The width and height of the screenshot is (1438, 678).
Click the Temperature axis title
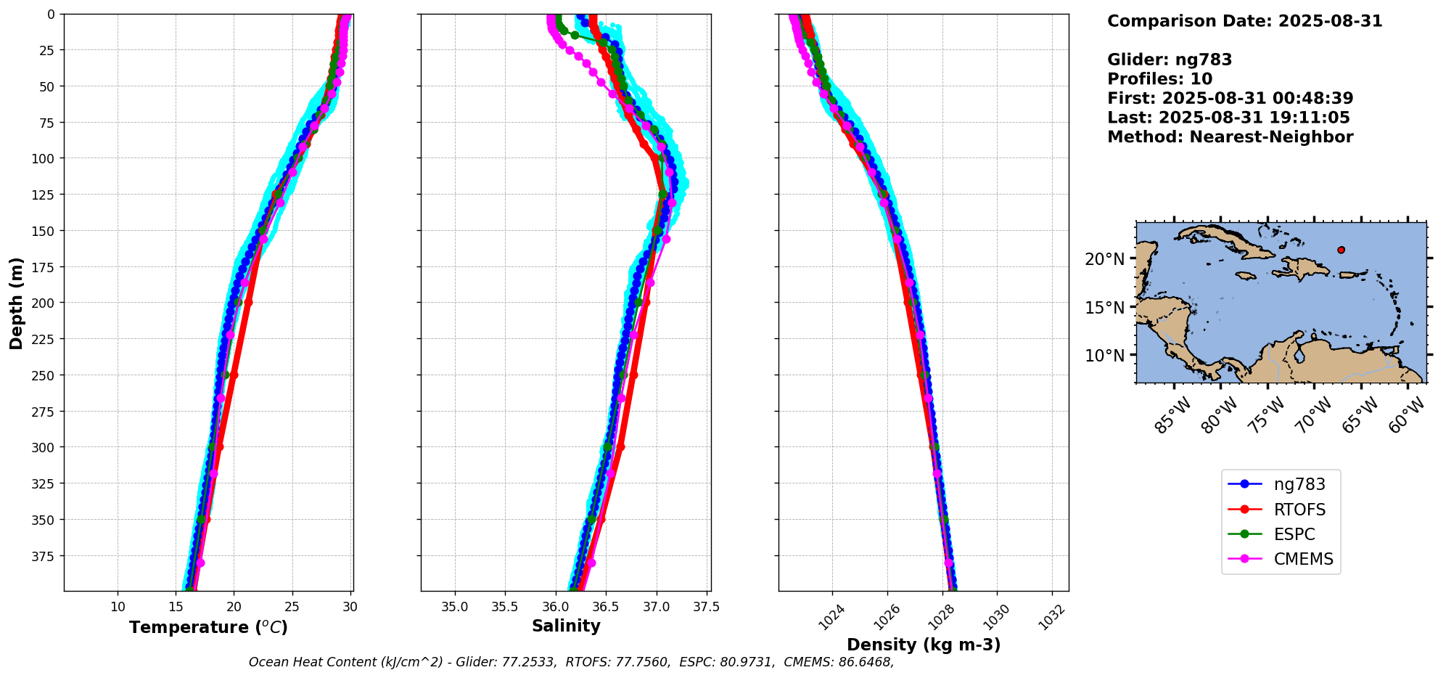pos(208,627)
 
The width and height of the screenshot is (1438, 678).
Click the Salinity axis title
pos(566,626)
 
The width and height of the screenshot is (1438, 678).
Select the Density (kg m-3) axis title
pos(924,645)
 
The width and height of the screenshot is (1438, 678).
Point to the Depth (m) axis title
pos(16,303)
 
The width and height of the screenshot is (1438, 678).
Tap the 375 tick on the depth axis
pos(44,556)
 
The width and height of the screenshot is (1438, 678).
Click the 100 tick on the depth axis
pos(44,158)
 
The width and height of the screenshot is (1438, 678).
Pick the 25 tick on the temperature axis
pos(292,607)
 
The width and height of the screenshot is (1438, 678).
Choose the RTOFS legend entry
pos(1299,510)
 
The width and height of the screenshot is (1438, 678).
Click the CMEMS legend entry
pos(1303,559)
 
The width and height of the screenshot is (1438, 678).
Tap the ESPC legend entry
pos(1294,534)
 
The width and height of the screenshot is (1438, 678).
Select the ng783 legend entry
pos(1299,484)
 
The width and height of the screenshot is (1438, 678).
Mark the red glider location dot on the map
pos(1341,250)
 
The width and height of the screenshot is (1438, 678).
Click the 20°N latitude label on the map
pos(1104,259)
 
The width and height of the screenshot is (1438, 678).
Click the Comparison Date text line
pos(1244,21)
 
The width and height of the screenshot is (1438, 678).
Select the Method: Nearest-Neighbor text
pos(1230,137)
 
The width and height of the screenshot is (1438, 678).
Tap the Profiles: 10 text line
pos(1159,79)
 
